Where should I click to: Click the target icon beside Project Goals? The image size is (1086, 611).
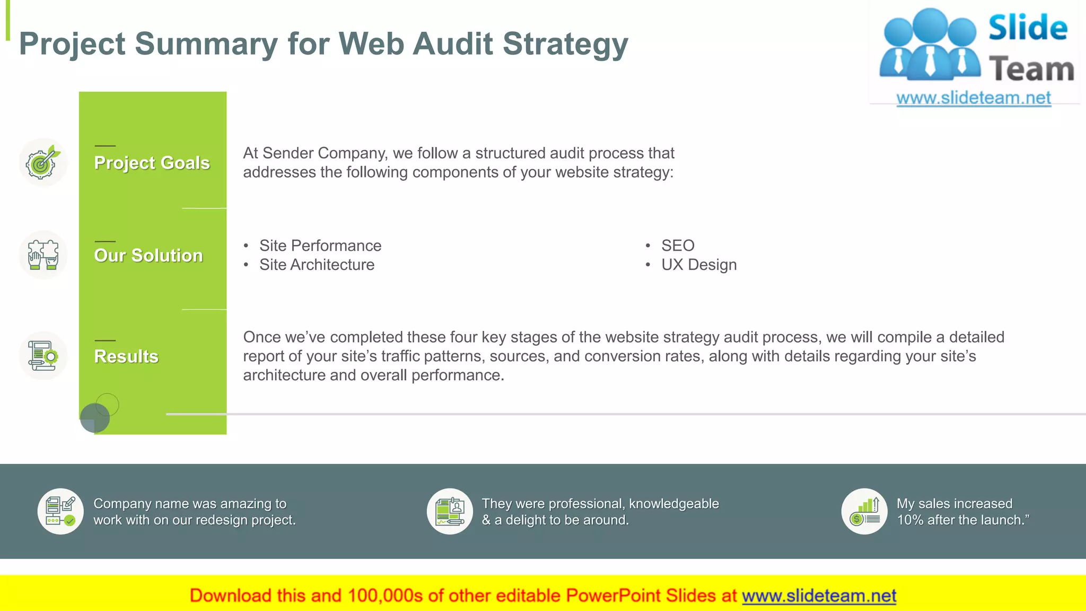tap(42, 163)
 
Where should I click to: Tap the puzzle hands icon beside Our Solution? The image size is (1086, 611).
tap(43, 255)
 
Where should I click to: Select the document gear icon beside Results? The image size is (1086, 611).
tap(43, 356)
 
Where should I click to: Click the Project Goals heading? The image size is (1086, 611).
tap(152, 163)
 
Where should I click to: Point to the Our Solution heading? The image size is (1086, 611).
tap(148, 255)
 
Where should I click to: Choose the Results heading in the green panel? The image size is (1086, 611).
tap(126, 356)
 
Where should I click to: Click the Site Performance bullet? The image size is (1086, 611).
tap(320, 246)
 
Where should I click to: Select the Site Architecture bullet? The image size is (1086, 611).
tap(317, 265)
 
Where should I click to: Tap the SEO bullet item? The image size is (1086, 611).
tap(677, 246)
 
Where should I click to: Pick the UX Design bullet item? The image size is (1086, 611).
tap(698, 265)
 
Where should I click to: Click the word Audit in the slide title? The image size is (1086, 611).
tap(453, 43)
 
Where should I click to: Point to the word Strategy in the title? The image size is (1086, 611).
tap(565, 43)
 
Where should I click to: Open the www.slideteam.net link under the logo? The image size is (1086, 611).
tap(973, 98)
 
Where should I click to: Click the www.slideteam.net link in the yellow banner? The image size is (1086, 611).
tap(819, 596)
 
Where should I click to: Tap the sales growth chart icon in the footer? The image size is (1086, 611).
tap(864, 511)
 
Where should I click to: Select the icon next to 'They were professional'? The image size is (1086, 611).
tap(450, 511)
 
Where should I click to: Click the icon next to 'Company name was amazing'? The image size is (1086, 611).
tap(60, 511)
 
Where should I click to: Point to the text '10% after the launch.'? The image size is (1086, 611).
tap(962, 520)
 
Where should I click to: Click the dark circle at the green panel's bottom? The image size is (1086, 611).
tap(94, 418)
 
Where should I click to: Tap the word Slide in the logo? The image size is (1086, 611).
tap(1028, 28)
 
